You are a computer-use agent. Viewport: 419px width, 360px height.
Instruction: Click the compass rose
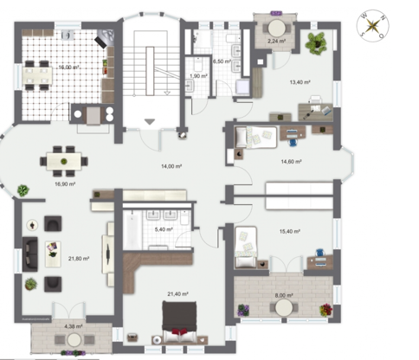coord(372,26)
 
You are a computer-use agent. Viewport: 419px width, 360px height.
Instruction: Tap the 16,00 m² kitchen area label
coord(69,67)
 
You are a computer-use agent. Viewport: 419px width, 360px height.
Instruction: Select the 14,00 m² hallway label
coord(171,166)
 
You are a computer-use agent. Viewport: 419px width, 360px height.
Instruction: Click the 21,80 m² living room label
coord(79,259)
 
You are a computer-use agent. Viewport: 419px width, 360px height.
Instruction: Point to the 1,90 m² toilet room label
coord(198,76)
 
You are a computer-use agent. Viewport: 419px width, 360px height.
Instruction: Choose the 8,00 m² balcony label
coord(284,295)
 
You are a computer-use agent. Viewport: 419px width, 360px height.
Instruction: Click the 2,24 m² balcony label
coord(276,41)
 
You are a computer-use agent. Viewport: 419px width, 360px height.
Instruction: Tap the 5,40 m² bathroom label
coord(164,229)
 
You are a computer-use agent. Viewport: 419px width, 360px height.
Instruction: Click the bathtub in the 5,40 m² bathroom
coord(132,229)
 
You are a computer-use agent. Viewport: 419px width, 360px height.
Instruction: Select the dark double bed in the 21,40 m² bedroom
coord(179,322)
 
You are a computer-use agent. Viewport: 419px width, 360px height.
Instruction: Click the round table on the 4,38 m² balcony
coord(74,339)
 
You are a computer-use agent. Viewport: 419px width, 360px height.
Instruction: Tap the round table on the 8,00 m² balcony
coord(284,307)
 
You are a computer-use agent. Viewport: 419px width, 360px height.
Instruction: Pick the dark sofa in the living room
coord(30,254)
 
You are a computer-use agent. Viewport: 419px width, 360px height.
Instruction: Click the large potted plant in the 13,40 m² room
coord(316,43)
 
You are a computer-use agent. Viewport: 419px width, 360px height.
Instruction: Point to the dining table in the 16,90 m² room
coord(64,161)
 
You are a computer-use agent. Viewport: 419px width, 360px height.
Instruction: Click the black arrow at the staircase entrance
coord(150,122)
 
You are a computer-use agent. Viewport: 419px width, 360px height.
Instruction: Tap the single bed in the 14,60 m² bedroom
coord(256,137)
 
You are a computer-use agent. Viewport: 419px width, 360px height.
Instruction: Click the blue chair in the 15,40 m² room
coord(320,253)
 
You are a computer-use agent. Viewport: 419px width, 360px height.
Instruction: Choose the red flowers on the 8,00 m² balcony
coord(326,310)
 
